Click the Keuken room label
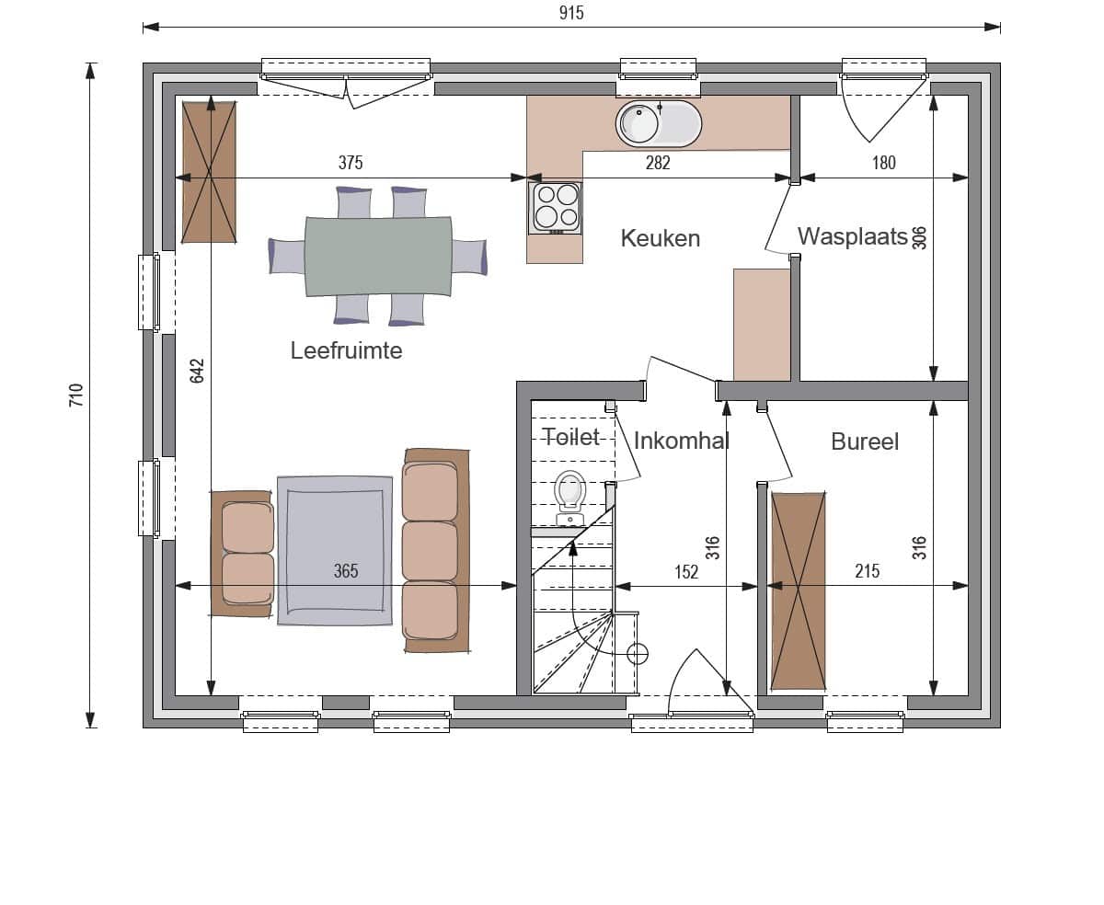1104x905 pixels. [x=660, y=239]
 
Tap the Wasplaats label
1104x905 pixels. [x=852, y=236]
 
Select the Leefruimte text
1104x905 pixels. [x=346, y=350]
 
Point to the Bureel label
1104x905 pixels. [x=865, y=441]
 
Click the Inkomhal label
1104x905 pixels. [x=682, y=441]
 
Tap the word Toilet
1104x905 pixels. [x=571, y=437]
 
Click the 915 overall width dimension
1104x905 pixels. [x=571, y=13]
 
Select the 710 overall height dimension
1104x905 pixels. [x=76, y=395]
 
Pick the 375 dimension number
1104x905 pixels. [x=351, y=163]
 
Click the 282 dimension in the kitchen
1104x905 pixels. [x=658, y=163]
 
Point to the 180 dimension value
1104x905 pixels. [x=883, y=163]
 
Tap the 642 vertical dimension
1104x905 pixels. [x=197, y=372]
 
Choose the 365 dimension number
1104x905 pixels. [x=346, y=570]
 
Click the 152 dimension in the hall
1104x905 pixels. [x=686, y=571]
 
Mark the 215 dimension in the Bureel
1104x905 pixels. [x=868, y=570]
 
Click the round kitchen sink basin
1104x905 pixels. [x=638, y=123]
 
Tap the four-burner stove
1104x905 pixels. [x=555, y=208]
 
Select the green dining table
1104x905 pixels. [x=378, y=257]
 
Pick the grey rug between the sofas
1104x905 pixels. [x=335, y=551]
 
